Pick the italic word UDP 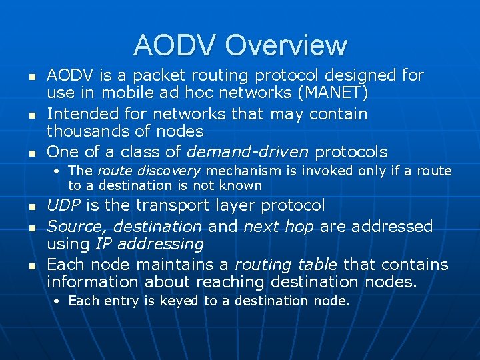[x=65, y=205]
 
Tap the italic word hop [x=301, y=227]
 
